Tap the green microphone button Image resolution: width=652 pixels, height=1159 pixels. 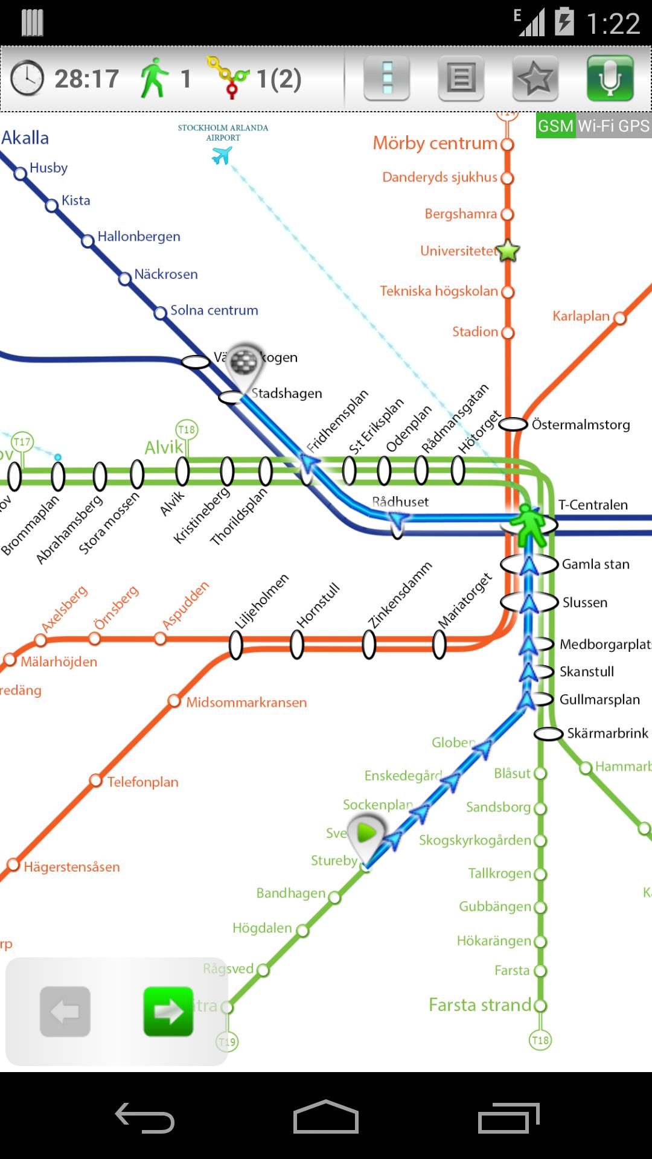coord(610,78)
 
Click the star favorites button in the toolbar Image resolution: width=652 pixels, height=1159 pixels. coord(535,78)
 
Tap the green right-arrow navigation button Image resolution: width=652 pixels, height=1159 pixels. coord(168,1011)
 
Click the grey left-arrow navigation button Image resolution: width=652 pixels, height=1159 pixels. coord(65,1011)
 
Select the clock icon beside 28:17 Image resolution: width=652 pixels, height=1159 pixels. coord(27,78)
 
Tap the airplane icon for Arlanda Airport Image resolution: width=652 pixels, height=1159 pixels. coord(222,156)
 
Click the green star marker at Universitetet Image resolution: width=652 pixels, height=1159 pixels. coord(508,251)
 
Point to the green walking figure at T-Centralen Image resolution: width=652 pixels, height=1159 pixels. coord(529,524)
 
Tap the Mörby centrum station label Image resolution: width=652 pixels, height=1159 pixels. coord(435,143)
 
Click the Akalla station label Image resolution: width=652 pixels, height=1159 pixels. coord(25,138)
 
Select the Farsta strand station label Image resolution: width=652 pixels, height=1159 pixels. coord(480,1005)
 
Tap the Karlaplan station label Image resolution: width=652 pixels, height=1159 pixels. coord(581,316)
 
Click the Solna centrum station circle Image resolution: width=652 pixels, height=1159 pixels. coord(161,313)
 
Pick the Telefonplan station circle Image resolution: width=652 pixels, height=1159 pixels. coord(95,781)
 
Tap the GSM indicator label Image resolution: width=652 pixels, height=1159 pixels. coord(555,126)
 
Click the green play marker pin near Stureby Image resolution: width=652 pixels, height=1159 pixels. coord(366,834)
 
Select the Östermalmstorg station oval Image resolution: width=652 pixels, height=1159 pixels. coord(513,425)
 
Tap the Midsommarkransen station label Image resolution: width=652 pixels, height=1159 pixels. coord(246,703)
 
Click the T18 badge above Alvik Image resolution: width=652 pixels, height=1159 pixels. coord(187,430)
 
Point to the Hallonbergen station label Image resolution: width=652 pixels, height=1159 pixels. coord(139,237)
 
